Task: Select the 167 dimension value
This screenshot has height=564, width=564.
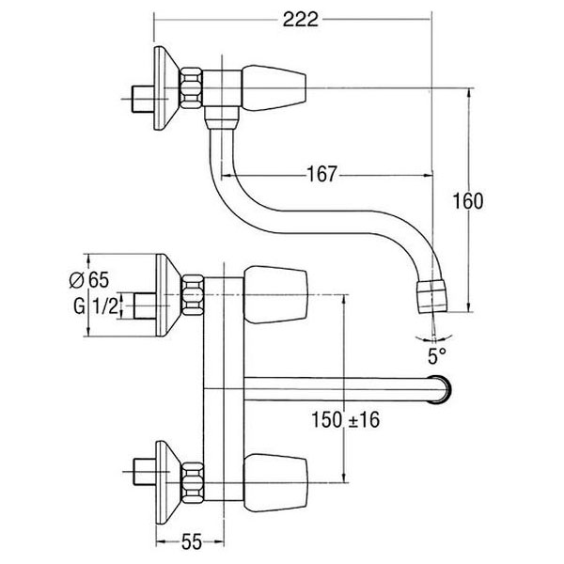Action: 322,175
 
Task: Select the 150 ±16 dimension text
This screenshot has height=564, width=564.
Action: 344,421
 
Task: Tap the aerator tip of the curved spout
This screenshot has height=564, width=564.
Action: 433,293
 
